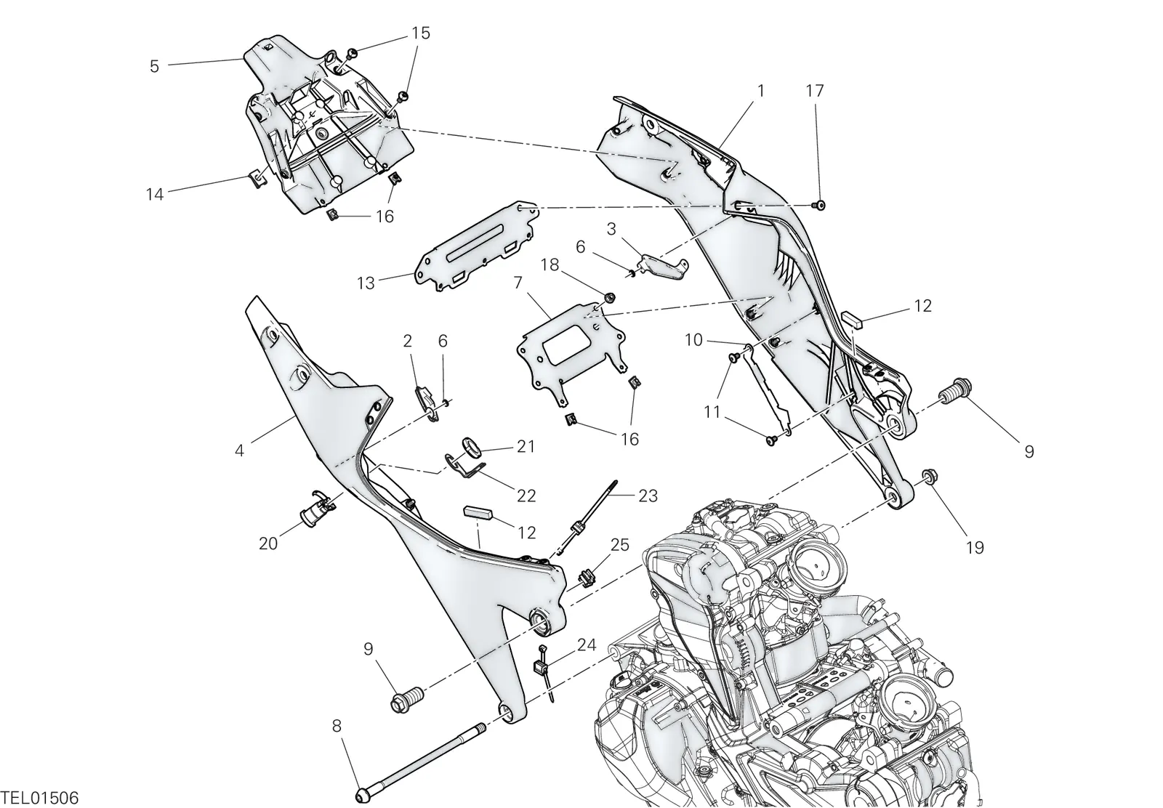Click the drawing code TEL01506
39,797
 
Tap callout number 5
154,66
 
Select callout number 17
815,91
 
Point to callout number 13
366,283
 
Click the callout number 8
337,726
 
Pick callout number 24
587,645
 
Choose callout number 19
975,547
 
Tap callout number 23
648,496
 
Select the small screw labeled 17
820,206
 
